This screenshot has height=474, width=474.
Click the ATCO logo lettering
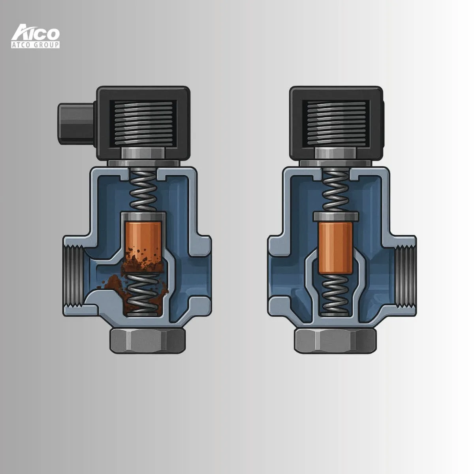[x=36, y=32]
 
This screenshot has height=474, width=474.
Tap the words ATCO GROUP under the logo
[x=36, y=45]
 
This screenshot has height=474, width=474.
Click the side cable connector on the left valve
[x=76, y=124]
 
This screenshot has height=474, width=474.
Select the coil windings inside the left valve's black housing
[x=144, y=123]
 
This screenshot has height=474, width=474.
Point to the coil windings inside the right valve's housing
[x=336, y=123]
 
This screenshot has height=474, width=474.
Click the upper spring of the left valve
[x=143, y=190]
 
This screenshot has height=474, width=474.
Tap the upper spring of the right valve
[x=336, y=190]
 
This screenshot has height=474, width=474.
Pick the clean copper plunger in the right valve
[x=335, y=248]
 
